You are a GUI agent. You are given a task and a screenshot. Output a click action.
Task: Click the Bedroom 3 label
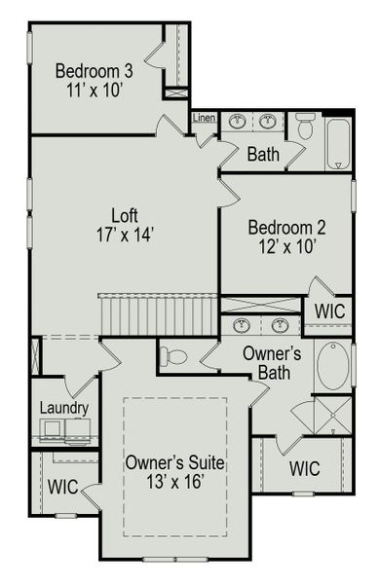95,71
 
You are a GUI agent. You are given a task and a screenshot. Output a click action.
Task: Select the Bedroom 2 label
286,228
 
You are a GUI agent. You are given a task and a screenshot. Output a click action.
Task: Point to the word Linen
204,119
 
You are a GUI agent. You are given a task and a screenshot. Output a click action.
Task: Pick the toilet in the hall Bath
304,127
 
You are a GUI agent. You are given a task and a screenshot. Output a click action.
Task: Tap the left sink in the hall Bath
237,123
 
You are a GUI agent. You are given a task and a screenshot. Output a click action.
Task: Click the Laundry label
65,409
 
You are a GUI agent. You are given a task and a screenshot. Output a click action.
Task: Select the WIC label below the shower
304,468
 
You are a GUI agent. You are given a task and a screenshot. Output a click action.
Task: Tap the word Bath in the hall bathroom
263,154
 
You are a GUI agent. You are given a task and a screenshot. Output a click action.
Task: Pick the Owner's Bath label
277,362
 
